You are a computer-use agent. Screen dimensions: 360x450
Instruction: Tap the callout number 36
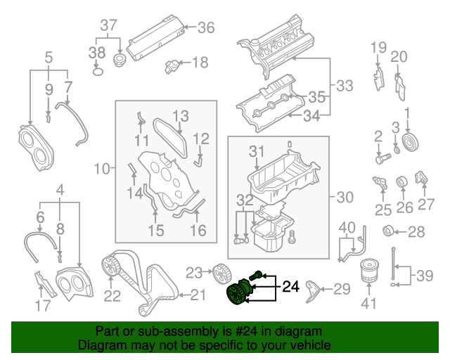pos(205,27)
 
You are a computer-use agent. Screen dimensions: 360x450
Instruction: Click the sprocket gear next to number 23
pos(219,271)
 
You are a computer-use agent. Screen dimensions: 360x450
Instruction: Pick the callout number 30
pos(345,198)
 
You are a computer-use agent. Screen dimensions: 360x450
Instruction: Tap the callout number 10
pos(103,168)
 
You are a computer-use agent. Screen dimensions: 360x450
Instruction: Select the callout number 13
pos(181,115)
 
